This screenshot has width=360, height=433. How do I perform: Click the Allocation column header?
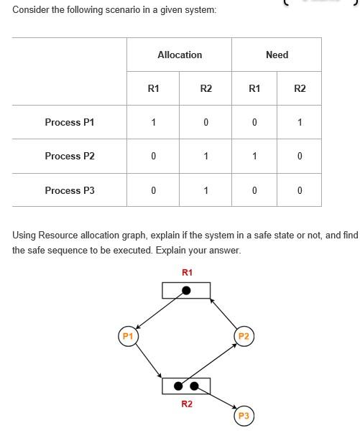180,55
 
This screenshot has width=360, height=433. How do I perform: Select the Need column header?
277,55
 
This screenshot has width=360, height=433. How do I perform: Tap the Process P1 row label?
69,122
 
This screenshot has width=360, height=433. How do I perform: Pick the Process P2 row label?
69,156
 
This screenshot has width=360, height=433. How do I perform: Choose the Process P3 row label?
69,190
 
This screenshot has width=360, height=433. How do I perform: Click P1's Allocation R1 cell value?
153,122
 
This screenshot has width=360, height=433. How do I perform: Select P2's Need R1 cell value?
254,156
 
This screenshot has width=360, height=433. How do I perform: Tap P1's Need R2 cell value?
300,122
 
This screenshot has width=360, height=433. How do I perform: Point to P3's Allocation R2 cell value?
206,190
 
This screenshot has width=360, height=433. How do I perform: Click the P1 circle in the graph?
128,336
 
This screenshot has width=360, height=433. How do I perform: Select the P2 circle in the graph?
244,336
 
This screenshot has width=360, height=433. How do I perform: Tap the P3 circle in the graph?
244,416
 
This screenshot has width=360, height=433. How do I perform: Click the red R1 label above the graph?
187,272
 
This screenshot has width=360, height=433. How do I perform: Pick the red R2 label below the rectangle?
187,404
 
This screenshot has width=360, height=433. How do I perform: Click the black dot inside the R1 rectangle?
186,290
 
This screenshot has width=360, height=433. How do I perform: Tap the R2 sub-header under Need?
300,88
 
